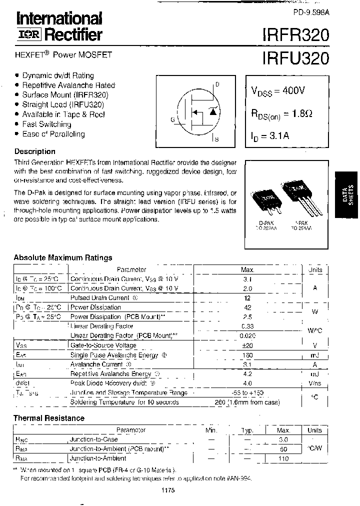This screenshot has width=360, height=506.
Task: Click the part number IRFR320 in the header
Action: click(295, 34)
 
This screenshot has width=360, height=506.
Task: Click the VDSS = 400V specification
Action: click(277, 91)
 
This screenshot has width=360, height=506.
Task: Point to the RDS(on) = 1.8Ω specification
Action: click(281, 114)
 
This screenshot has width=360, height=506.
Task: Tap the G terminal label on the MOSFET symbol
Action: click(172, 119)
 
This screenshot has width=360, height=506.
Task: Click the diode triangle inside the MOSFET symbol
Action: click(213, 111)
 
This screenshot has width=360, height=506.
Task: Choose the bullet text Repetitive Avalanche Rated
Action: click(68, 85)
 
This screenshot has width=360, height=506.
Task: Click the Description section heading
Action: click(34, 151)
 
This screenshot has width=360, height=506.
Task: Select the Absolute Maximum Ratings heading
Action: click(63, 257)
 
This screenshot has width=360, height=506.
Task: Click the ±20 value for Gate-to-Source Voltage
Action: click(247, 345)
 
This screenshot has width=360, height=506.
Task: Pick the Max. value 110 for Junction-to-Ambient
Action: click(283, 458)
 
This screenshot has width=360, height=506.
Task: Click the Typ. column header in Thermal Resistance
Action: click(247, 430)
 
